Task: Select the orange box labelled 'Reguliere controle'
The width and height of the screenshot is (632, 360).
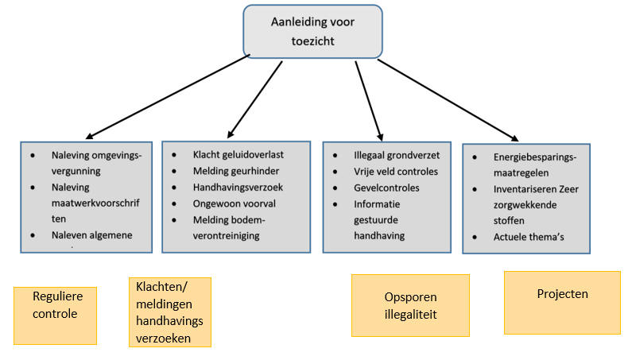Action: [55, 315]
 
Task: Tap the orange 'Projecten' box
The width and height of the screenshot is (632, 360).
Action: [562, 303]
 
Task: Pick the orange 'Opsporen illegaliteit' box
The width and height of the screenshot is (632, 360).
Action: [409, 305]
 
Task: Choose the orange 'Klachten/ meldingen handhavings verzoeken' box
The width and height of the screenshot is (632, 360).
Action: [170, 312]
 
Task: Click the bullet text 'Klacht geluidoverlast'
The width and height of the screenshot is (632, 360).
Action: [238, 154]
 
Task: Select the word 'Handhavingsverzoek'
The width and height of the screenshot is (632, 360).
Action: [237, 188]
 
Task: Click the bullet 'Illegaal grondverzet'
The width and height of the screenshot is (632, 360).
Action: [397, 155]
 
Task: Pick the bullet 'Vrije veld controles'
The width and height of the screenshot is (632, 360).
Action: [395, 172]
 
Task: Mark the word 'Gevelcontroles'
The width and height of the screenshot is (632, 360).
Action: [386, 188]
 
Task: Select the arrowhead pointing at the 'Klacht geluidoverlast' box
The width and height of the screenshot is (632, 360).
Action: [231, 133]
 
